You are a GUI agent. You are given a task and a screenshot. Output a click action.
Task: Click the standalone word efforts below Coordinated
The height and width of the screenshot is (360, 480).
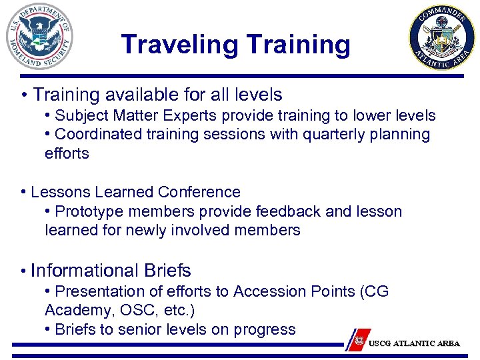[67, 153]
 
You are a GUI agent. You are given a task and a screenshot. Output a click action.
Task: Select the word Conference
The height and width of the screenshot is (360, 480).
[199, 192]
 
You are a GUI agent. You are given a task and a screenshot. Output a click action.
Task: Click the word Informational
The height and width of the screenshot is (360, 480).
[85, 271]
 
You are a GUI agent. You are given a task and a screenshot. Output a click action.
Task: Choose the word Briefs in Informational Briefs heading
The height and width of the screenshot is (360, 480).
[167, 271]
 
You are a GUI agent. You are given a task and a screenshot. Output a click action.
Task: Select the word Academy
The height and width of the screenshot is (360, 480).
[74, 311]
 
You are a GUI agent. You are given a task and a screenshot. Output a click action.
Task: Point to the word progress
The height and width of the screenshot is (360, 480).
[268, 329]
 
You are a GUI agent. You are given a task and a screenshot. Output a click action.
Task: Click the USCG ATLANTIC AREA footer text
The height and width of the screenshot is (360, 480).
[414, 343]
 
